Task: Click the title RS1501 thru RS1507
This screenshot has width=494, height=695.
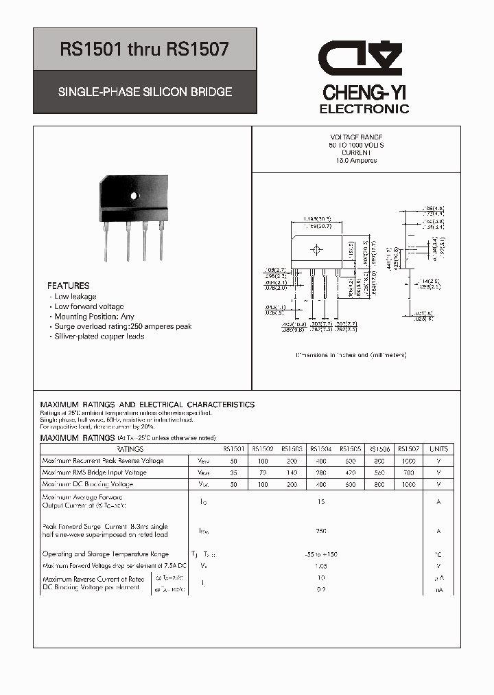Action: [x=145, y=49]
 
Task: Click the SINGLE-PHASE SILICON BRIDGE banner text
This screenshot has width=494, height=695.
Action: [x=145, y=91]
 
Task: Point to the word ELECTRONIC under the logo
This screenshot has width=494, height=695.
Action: [x=365, y=109]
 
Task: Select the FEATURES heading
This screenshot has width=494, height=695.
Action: [x=68, y=286]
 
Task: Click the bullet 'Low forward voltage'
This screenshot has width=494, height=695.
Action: [x=89, y=306]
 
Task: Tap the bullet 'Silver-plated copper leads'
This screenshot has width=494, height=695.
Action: [x=99, y=337]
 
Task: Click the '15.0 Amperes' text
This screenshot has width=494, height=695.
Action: [x=356, y=160]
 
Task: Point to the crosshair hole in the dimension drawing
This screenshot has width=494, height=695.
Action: [x=316, y=249]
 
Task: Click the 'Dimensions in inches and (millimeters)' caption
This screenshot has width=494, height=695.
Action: [x=351, y=355]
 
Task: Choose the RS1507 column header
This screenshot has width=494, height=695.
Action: [x=408, y=449]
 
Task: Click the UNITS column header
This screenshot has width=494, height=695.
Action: [x=438, y=449]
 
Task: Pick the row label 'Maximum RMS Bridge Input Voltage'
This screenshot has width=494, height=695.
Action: [x=94, y=472]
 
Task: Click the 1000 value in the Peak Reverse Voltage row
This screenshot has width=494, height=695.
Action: [x=408, y=461]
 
